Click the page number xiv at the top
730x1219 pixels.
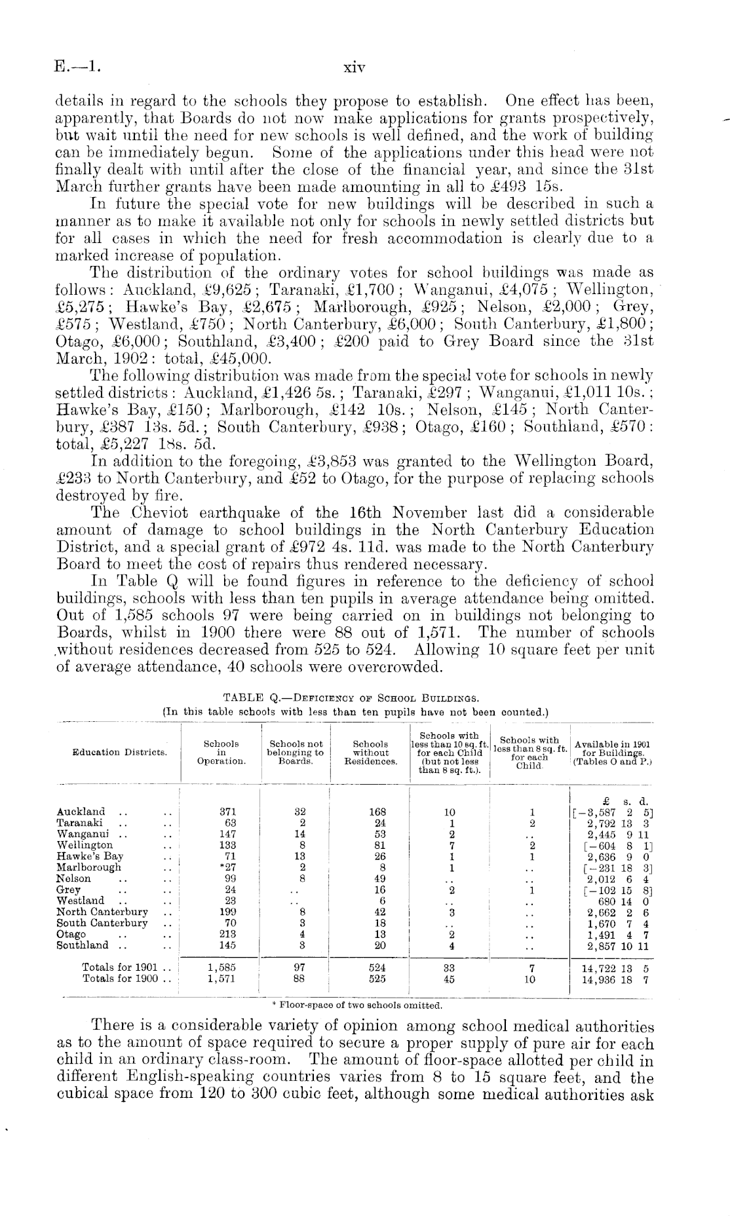tap(354, 67)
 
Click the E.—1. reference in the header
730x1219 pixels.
tap(78, 67)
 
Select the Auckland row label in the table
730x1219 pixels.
tap(81, 812)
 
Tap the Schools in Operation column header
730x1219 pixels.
tap(221, 753)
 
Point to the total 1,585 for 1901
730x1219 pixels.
tap(221, 967)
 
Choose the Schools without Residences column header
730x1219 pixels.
tap(371, 753)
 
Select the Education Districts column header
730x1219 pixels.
tap(120, 753)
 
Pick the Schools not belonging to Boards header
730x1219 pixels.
tap(296, 753)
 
